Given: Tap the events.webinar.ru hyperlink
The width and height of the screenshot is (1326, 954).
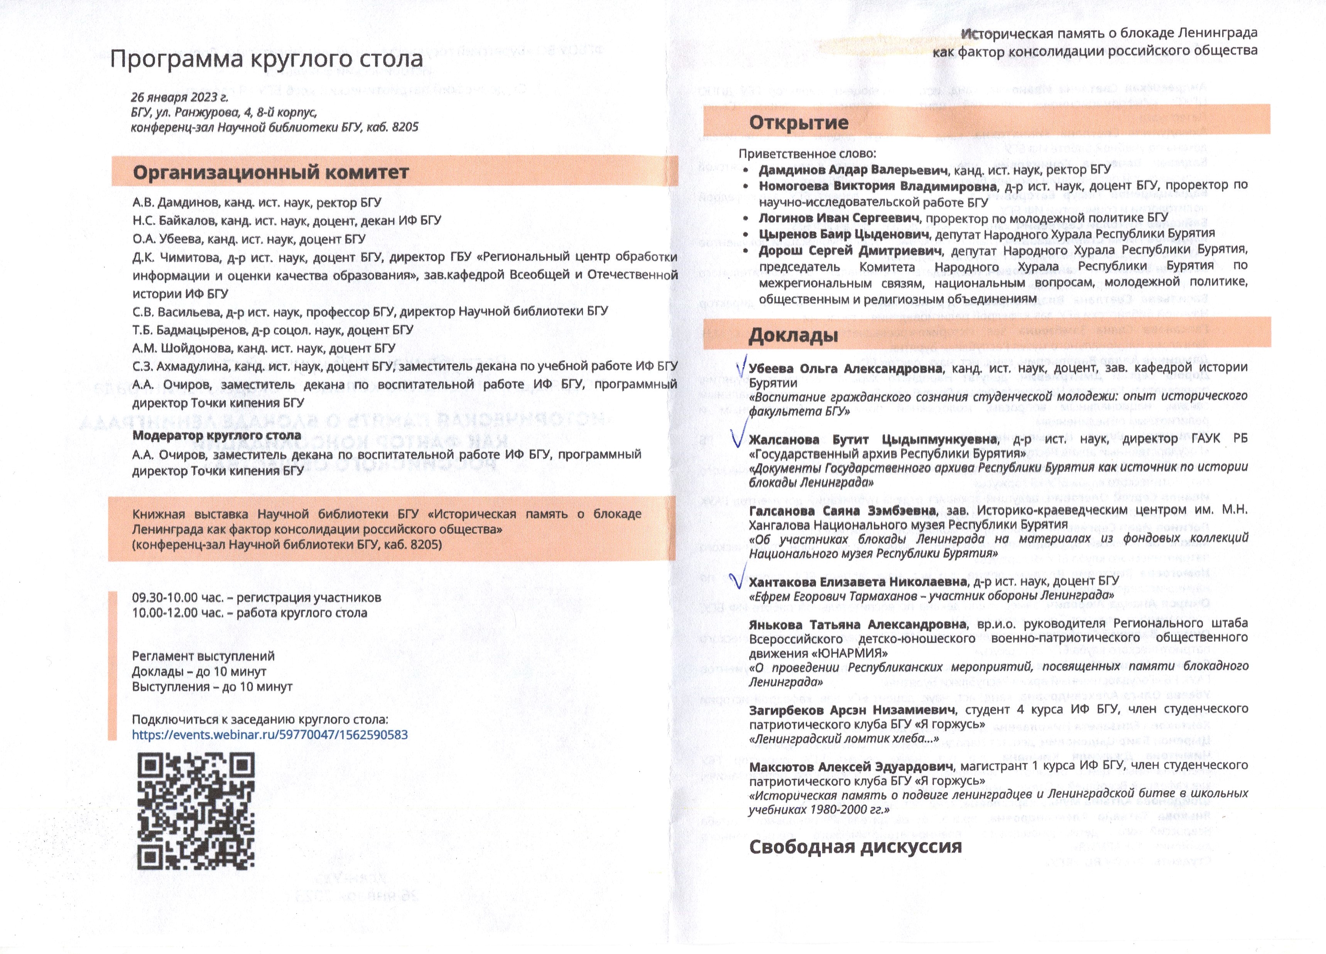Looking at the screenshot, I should point(270,735).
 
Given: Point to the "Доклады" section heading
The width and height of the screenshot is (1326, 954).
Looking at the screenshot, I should point(793,335).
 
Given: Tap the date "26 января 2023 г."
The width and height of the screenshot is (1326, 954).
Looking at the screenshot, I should point(179,97).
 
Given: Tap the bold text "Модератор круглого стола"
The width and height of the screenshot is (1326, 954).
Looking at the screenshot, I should point(216,435).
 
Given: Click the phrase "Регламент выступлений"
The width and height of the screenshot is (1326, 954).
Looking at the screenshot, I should point(203,656).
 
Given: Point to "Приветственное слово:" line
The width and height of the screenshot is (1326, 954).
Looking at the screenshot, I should point(807,154).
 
